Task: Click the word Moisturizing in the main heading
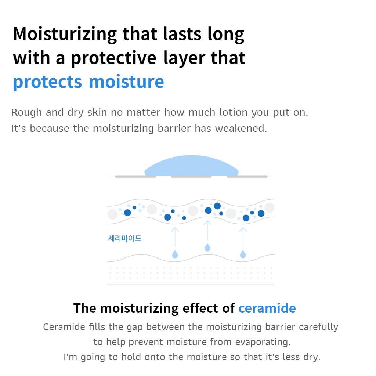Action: click(65, 34)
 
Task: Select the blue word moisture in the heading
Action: click(126, 82)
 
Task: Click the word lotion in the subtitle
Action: click(233, 112)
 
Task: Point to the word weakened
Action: click(241, 128)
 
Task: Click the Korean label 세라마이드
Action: click(125, 238)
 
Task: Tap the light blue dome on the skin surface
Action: click(191, 166)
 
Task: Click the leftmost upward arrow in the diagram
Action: click(175, 237)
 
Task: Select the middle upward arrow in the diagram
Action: click(207, 230)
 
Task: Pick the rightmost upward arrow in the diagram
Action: click(243, 237)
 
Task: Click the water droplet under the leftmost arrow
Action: click(175, 254)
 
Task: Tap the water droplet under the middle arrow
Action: click(207, 247)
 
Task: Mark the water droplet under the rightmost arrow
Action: click(243, 254)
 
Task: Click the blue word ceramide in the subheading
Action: click(267, 308)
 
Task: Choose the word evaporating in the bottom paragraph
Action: click(263, 342)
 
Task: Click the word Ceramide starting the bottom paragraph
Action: click(64, 327)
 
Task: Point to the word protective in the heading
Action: click(114, 58)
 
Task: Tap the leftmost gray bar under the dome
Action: click(135, 177)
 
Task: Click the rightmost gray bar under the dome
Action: click(247, 177)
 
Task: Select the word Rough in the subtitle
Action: click(26, 112)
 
